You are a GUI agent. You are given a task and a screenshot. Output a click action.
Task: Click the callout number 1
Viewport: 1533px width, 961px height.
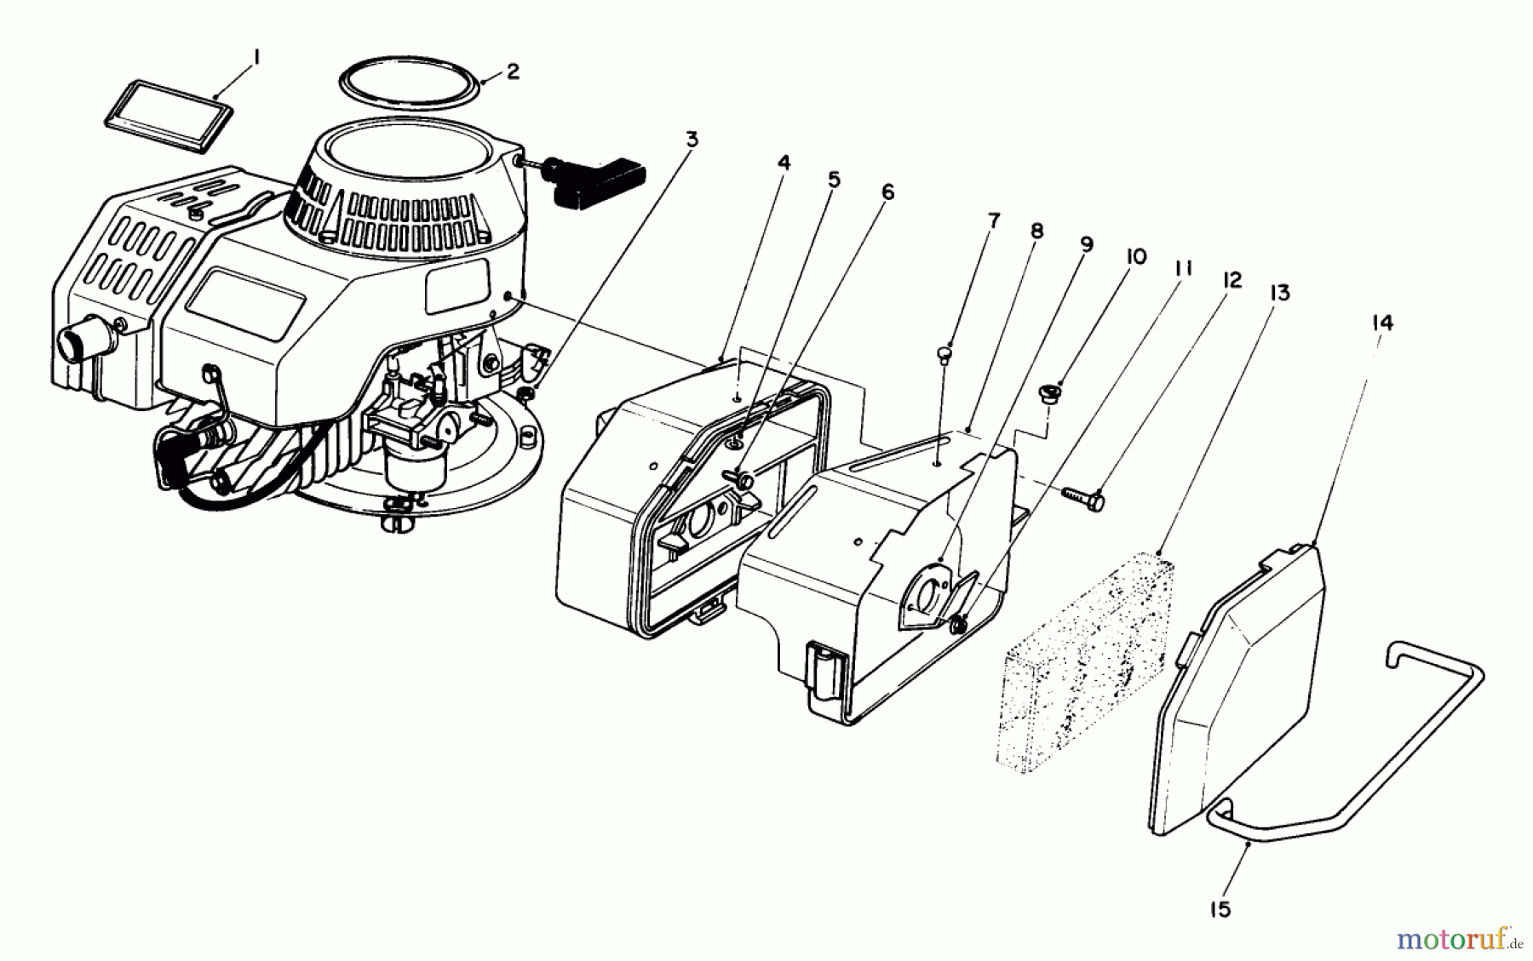[x=256, y=58]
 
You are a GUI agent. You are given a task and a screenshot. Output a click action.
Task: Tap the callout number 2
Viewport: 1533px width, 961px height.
[x=513, y=72]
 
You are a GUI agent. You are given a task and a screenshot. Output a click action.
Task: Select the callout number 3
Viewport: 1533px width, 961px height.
[x=692, y=139]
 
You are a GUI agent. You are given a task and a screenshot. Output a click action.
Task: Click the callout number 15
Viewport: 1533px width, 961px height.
[x=1220, y=909]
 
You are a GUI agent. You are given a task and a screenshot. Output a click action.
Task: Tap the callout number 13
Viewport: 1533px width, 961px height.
[x=1279, y=294]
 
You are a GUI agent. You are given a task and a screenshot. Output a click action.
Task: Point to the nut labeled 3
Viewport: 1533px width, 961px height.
[x=529, y=392]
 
